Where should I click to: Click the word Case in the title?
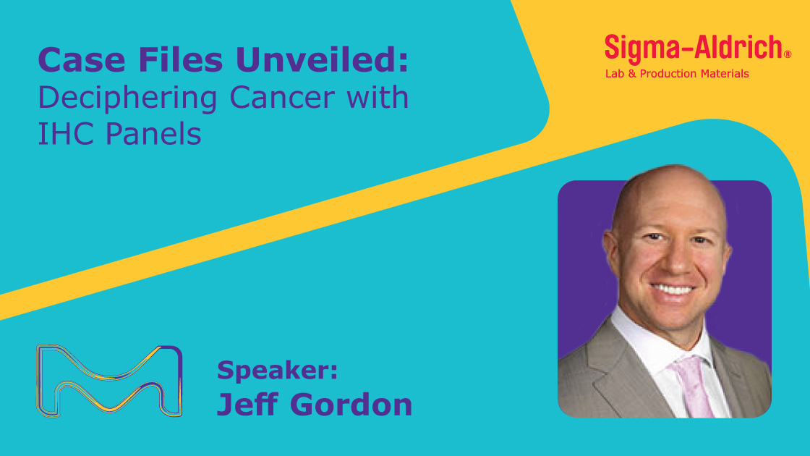pos(82,59)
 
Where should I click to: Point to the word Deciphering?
pos(127,98)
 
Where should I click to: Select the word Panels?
pos(153,133)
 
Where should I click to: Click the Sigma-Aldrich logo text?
pos(694,48)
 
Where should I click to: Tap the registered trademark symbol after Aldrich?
pos(788,54)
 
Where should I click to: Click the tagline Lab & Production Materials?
pos(677,74)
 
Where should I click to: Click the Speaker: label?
pos(278,370)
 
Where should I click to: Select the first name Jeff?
pos(247,405)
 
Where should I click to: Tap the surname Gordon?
pos(351,405)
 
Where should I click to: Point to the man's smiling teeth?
pos(672,289)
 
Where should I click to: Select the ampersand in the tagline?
pos(632,74)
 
